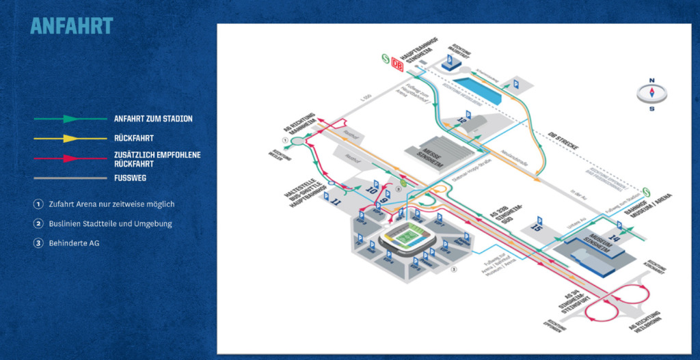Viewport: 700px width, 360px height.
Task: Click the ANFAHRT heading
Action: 72,26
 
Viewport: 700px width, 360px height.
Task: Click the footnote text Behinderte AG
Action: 74,243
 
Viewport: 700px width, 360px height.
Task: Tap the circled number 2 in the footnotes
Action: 38,223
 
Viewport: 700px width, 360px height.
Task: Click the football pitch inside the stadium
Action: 404,237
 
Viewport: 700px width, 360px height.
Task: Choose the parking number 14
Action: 613,238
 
